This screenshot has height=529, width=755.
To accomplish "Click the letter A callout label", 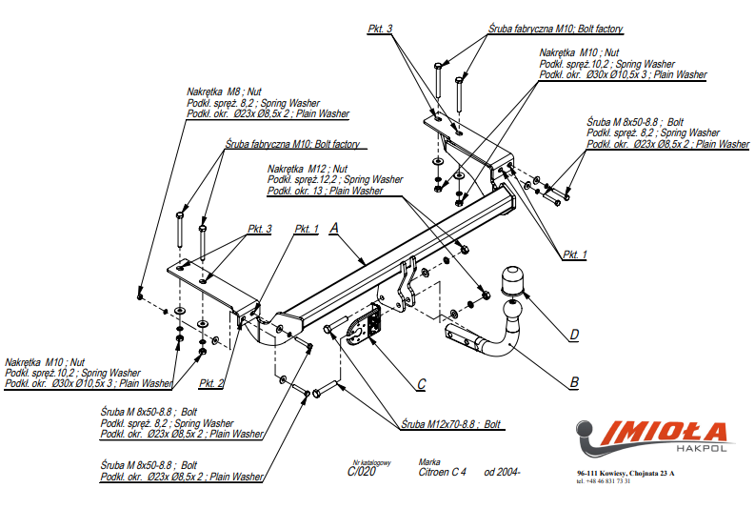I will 334,228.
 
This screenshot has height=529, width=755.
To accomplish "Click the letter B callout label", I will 573,382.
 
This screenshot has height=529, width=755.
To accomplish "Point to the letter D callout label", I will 574,334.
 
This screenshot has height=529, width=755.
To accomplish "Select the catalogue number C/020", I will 360,471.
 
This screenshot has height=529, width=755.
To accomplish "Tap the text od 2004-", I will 503,472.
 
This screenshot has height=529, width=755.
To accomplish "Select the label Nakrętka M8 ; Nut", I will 226,92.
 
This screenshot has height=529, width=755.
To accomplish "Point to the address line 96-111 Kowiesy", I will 626,473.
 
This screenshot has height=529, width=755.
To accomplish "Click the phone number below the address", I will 604,481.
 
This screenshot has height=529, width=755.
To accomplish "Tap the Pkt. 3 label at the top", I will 380,30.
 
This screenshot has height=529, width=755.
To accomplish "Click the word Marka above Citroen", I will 429,461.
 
